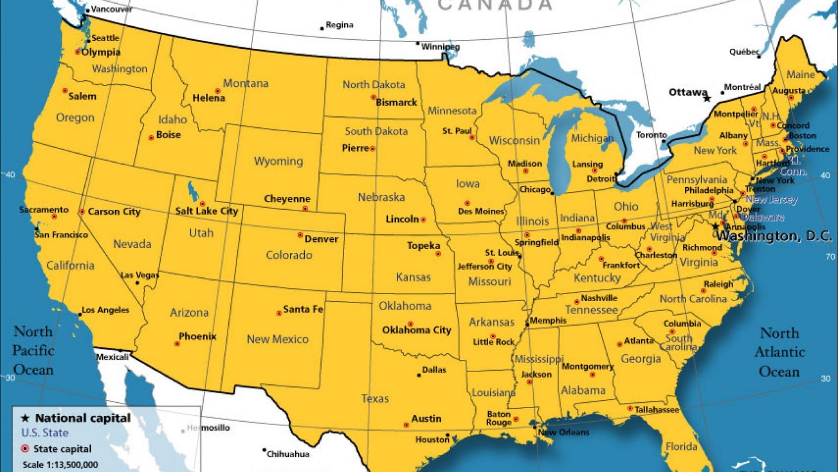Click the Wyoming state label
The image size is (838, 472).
[x=278, y=161]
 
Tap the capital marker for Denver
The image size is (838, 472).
[x=300, y=235]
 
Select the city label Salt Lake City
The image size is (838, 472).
[x=207, y=211]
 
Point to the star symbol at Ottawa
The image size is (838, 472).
[x=707, y=98]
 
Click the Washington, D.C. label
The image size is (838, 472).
[x=774, y=236]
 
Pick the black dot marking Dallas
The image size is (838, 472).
[x=419, y=375]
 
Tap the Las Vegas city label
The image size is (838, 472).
[x=140, y=275]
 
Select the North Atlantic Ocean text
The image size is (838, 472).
[x=779, y=352]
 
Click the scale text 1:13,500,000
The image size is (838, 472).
[x=60, y=465]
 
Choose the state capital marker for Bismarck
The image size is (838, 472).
[x=373, y=97]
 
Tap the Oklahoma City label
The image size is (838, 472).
[x=417, y=330]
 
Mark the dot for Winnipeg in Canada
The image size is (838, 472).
[x=418, y=43]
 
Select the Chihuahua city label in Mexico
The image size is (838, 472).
[x=288, y=454]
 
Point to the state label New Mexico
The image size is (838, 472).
[x=277, y=339]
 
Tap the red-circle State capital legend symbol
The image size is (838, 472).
[x=25, y=449]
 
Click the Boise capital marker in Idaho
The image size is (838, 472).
[x=151, y=138]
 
